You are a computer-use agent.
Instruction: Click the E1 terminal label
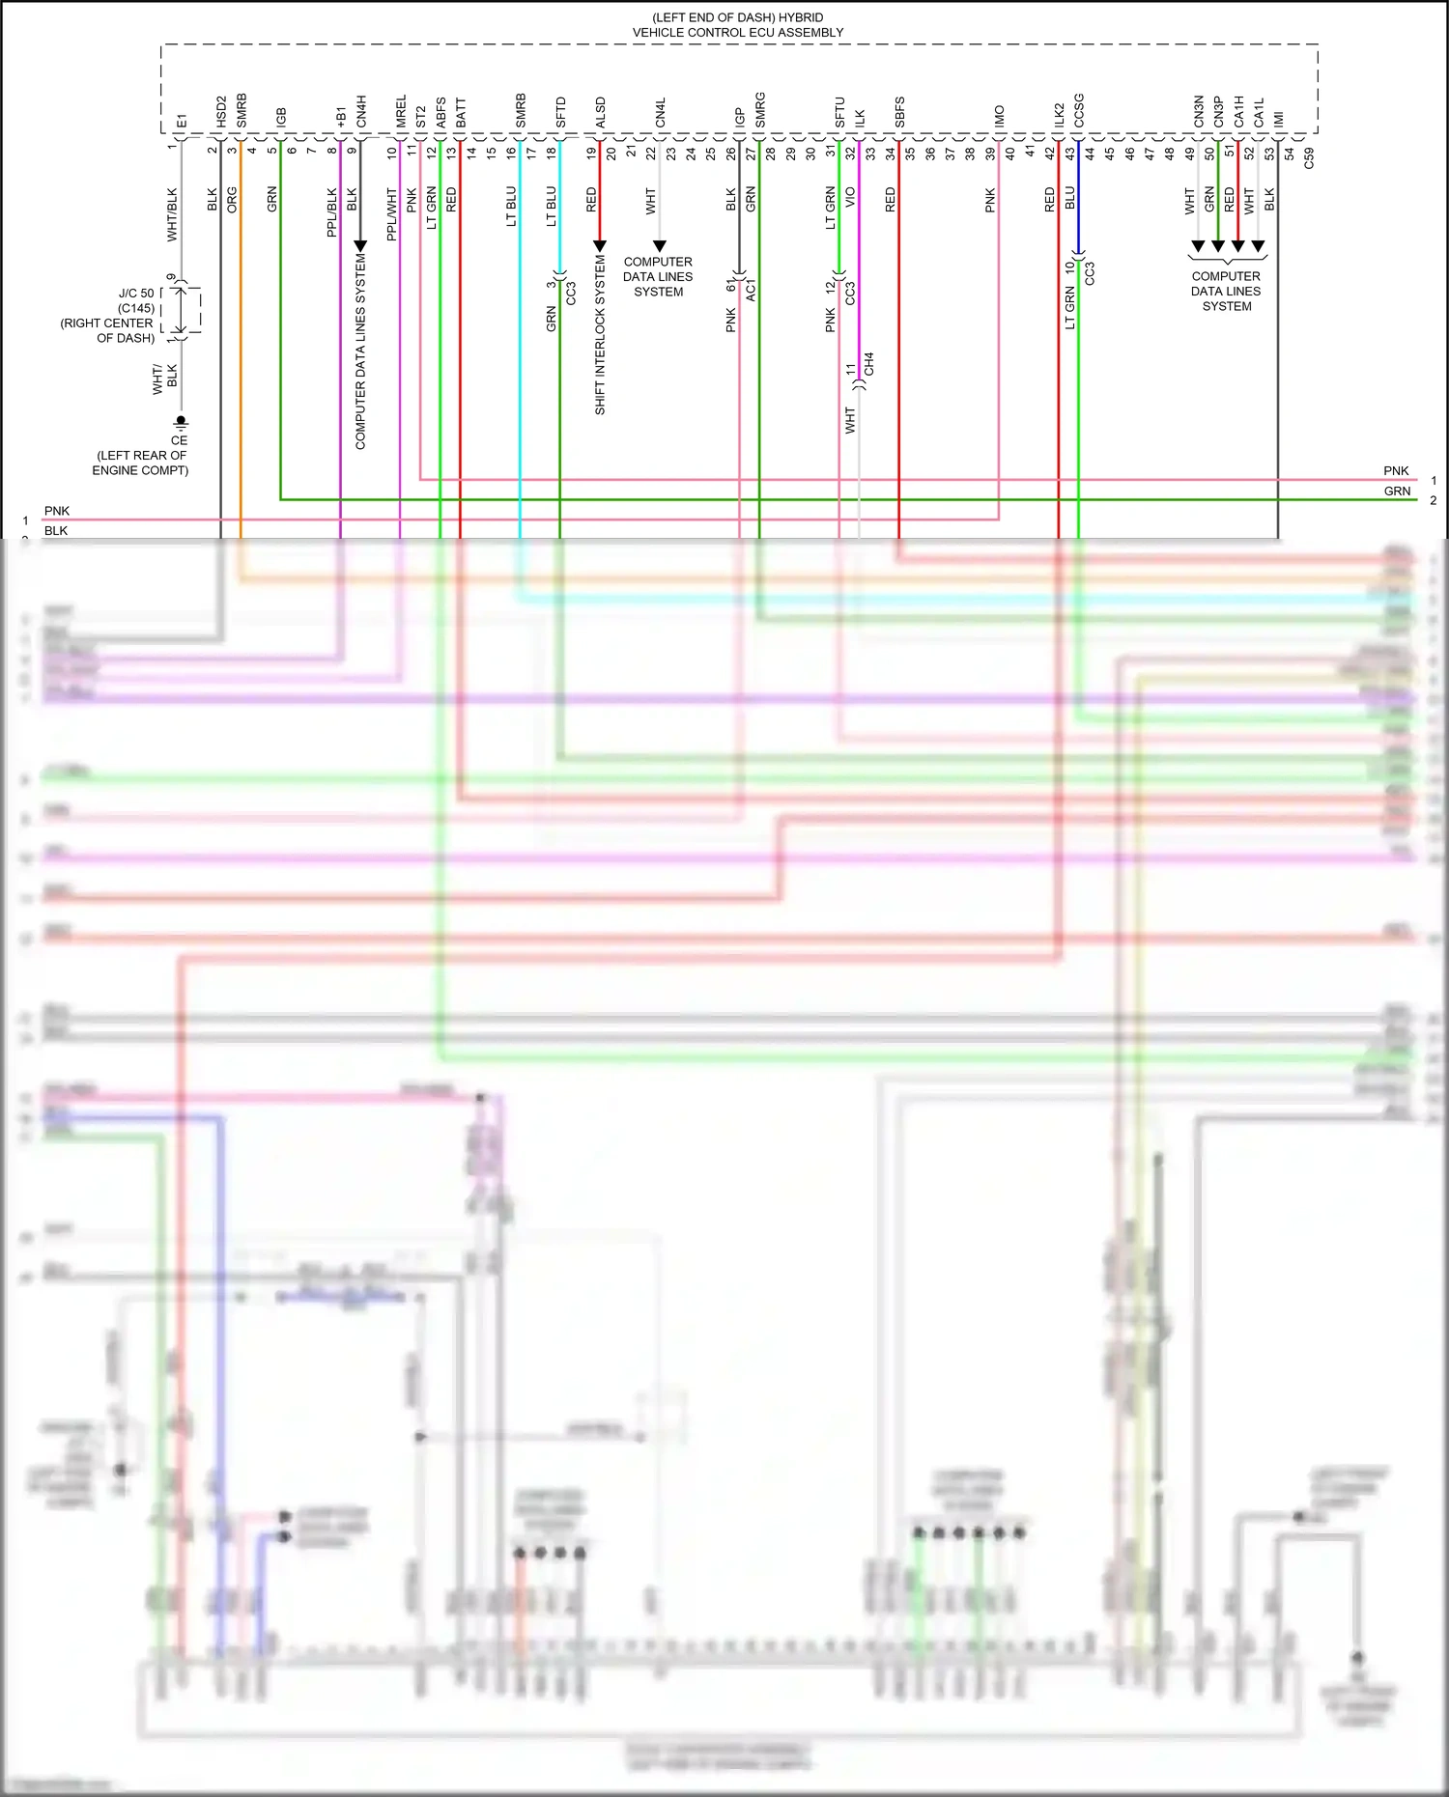click(182, 121)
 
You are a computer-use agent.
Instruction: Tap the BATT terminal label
click(461, 113)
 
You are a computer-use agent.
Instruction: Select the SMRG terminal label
click(760, 110)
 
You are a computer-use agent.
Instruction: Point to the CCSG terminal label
click(1079, 110)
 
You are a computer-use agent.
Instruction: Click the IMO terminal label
click(999, 116)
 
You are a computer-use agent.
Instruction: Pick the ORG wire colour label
click(232, 200)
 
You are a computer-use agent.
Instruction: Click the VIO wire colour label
click(850, 197)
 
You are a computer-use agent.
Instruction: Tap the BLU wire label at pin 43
click(1069, 198)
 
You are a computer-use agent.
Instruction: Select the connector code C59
click(1309, 158)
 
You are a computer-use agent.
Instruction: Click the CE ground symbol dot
click(181, 421)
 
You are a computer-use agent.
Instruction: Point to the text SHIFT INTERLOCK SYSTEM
click(600, 335)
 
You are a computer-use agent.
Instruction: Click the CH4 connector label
click(869, 364)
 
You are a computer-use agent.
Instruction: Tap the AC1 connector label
click(751, 290)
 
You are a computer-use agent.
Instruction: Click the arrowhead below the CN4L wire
click(659, 246)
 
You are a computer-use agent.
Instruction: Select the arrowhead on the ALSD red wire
click(600, 246)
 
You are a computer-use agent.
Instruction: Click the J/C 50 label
click(136, 294)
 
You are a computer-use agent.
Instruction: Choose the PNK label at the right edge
click(1396, 471)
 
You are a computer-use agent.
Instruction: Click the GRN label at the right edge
click(1397, 491)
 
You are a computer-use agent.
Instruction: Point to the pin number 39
click(990, 153)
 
